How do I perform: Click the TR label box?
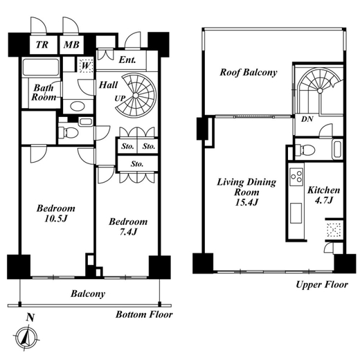43,45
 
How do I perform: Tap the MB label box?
71,45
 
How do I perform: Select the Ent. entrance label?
127,60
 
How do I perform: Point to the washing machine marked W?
86,65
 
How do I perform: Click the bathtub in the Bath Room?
41,67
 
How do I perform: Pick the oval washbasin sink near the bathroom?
78,107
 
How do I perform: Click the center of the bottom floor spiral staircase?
136,96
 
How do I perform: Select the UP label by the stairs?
120,98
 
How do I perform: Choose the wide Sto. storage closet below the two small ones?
138,163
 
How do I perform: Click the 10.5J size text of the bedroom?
55,218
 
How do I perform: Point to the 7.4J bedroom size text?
128,231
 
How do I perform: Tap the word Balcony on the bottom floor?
88,294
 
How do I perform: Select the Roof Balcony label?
249,72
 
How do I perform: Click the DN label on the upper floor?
307,119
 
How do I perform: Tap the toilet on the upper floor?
305,150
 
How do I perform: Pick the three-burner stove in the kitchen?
296,177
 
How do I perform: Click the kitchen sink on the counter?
296,213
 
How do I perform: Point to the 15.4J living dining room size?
246,202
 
